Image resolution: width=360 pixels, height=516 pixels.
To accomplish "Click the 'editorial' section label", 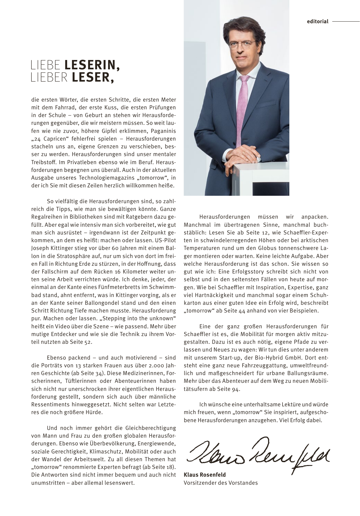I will pos(317,22).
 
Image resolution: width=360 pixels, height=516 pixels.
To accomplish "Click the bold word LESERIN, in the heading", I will pos(92,65).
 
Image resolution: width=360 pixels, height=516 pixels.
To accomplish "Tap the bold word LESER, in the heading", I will pos(93,78).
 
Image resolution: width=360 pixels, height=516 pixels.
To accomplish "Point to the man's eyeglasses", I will pos(244,44).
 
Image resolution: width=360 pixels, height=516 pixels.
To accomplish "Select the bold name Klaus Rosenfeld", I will pos(205,475).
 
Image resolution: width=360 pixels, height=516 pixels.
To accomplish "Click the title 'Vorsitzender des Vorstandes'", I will pos(221,483).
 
